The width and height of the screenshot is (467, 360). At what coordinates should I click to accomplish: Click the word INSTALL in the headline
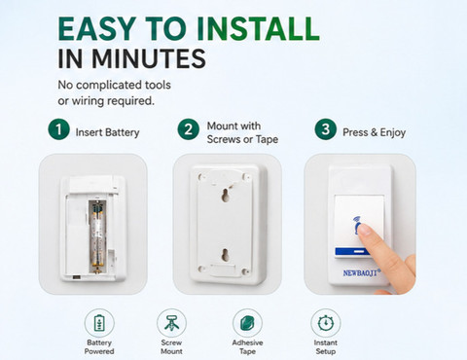click(258, 28)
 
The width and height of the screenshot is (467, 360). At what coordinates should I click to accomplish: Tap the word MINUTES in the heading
click(149, 58)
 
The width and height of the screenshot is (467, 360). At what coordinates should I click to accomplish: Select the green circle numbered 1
click(58, 129)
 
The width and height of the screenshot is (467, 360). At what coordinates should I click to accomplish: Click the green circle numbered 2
click(189, 129)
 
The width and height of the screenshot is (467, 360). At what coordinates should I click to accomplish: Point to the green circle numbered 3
click(325, 129)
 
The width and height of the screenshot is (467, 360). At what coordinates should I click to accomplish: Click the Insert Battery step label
click(107, 132)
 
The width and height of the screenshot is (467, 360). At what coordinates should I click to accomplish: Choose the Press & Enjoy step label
click(374, 132)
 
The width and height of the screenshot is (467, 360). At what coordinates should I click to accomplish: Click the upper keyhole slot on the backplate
click(225, 195)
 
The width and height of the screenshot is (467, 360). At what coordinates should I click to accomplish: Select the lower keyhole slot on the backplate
click(225, 255)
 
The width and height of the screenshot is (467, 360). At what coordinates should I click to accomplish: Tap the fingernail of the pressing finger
click(365, 230)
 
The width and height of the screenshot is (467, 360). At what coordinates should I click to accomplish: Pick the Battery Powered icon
click(99, 323)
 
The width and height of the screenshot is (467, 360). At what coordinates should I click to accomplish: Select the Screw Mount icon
click(171, 323)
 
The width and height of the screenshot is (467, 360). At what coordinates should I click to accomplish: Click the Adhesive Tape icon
click(247, 323)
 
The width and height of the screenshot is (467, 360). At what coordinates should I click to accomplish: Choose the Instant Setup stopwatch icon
click(326, 323)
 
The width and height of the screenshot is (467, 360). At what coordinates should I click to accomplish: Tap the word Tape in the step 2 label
click(267, 139)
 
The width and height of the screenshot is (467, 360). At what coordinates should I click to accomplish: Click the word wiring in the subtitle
click(88, 101)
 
